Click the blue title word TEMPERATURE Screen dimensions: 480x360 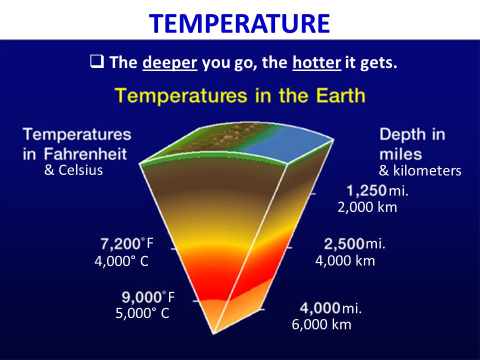[239, 23]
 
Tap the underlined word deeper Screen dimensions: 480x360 [169, 63]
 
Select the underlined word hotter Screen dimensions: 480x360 [317, 62]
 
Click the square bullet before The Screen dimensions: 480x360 [97, 61]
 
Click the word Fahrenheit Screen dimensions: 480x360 [85, 153]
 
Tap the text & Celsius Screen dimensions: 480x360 [73, 170]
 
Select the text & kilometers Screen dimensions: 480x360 [420, 171]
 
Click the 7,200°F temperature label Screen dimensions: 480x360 [127, 243]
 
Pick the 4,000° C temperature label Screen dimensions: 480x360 [121, 261]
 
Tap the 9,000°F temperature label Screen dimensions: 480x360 [148, 297]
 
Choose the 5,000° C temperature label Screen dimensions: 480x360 [142, 313]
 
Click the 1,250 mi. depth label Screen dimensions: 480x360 [378, 190]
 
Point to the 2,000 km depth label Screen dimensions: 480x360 [367, 207]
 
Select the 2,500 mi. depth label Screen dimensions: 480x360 [355, 244]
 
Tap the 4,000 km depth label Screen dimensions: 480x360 [345, 261]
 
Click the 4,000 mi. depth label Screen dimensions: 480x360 [331, 308]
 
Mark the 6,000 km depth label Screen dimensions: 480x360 [321, 324]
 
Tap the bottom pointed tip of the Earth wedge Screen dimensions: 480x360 [213, 333]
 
